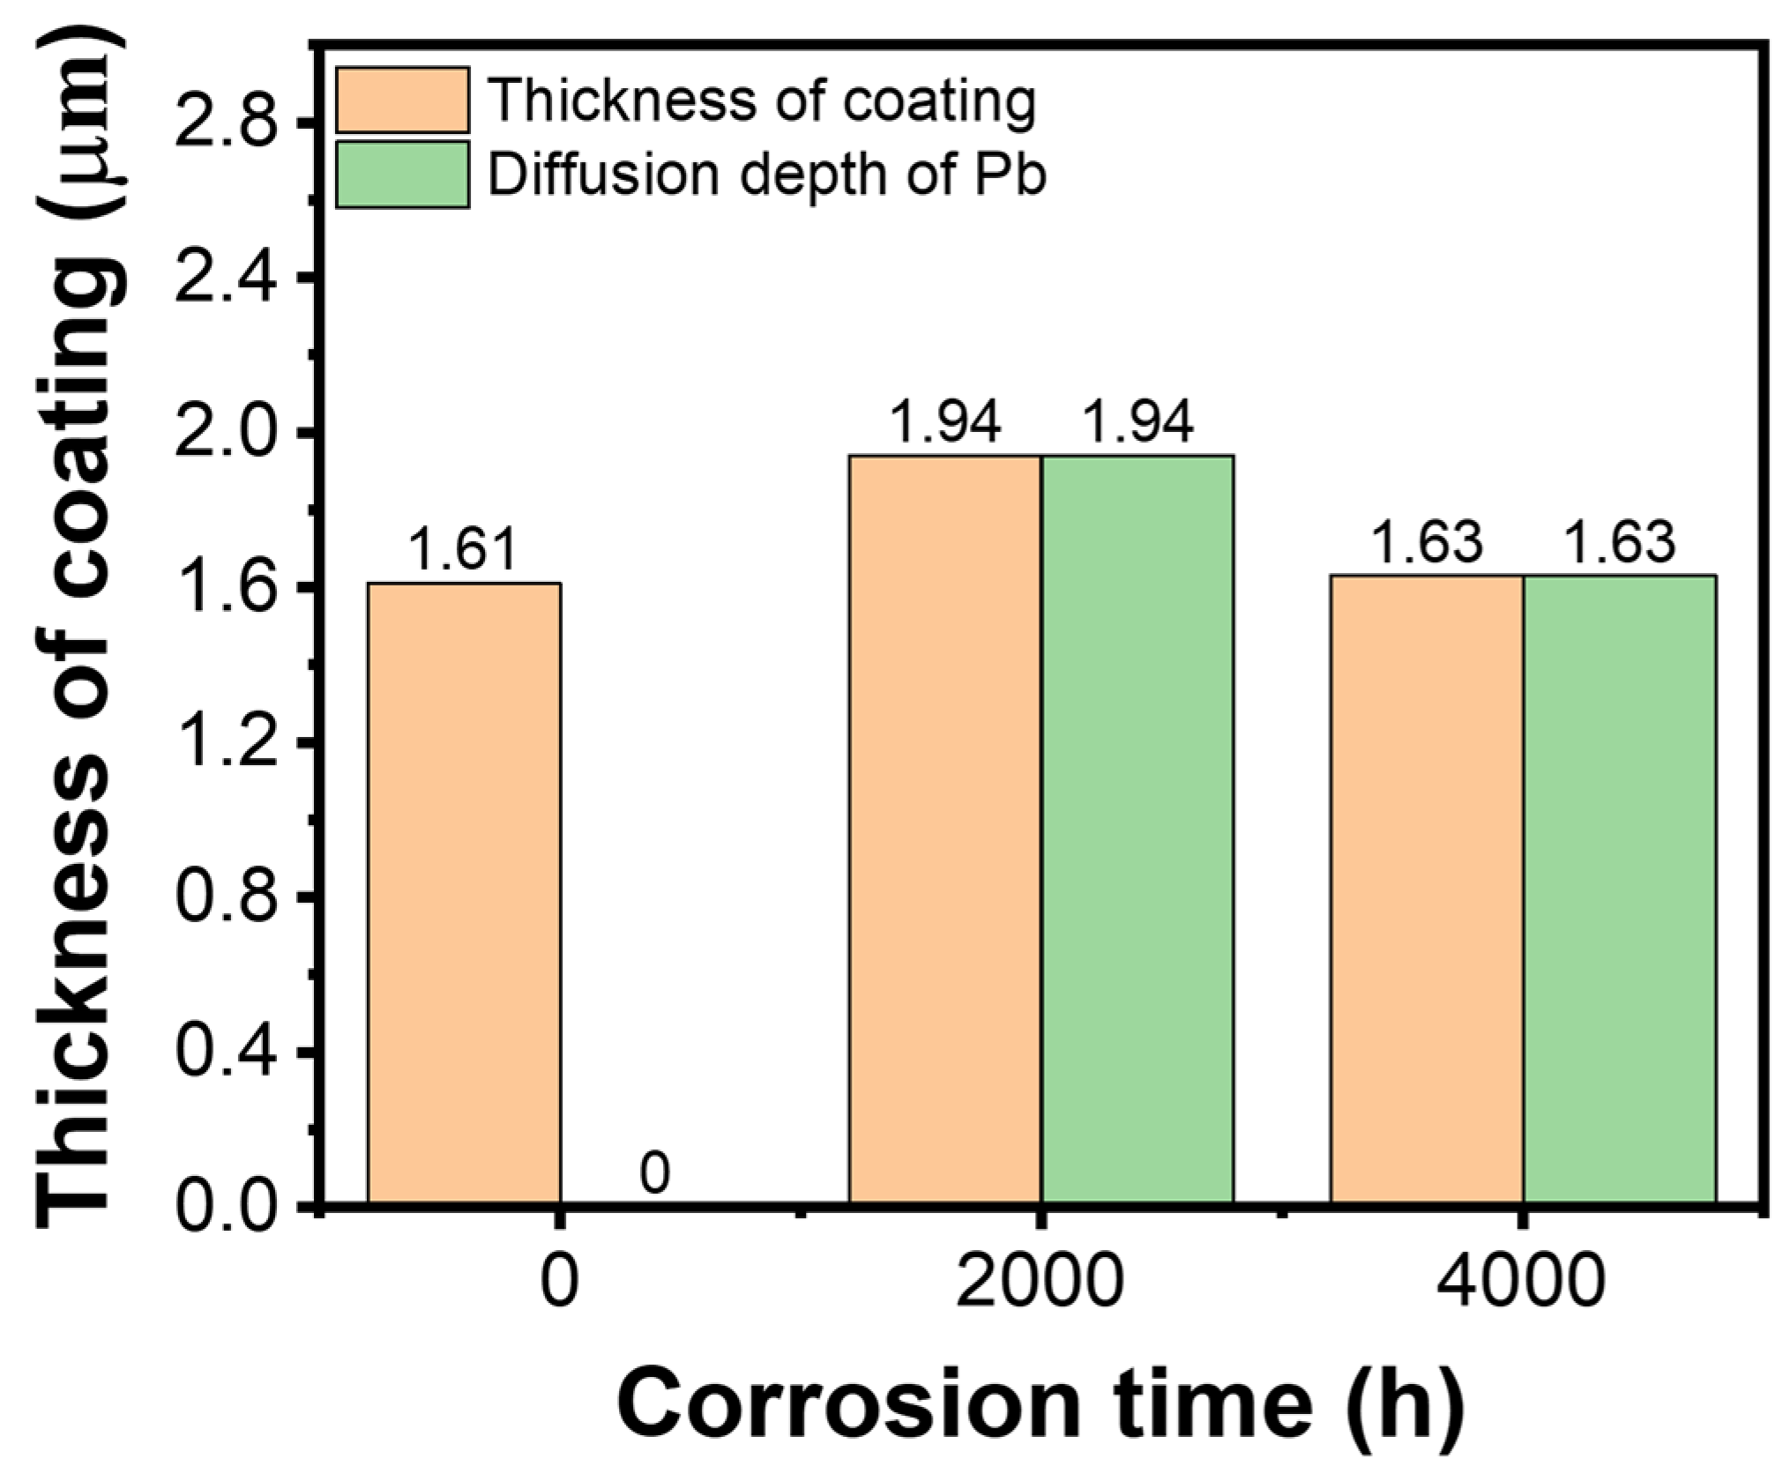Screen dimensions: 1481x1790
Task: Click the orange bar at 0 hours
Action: [x=464, y=892]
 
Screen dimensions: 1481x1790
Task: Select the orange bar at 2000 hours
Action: [x=944, y=829]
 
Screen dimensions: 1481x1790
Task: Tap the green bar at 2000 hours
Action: [x=1137, y=829]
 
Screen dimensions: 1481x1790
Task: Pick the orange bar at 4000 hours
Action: [x=1426, y=889]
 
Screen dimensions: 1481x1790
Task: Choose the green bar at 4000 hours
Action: [x=1619, y=889]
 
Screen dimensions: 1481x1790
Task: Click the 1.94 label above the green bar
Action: [x=1137, y=422]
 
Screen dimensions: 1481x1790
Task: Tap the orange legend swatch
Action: [x=402, y=100]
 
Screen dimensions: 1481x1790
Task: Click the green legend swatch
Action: [x=402, y=175]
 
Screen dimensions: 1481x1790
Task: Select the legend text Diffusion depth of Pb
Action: [x=767, y=175]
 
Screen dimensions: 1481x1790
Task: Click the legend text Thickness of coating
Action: [x=761, y=100]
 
